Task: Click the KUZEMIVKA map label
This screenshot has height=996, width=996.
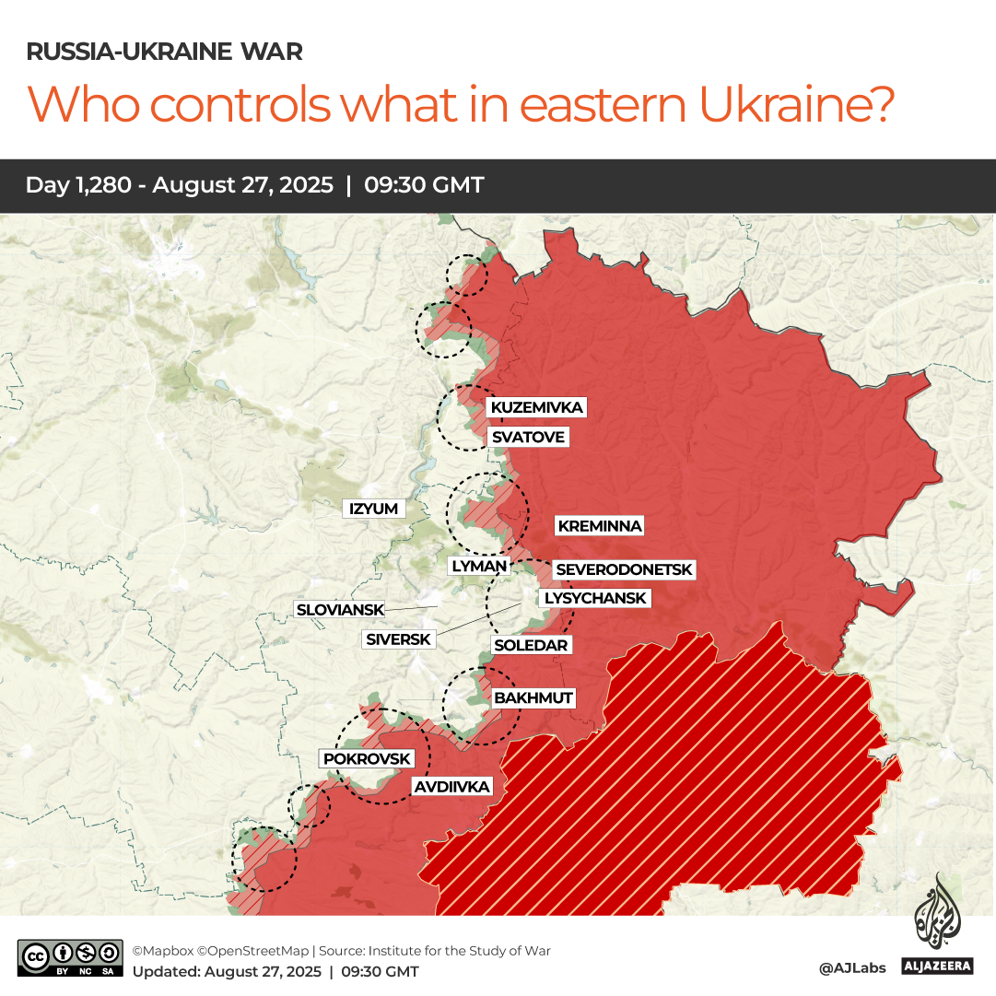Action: (537, 407)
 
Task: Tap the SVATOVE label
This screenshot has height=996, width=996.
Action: (527, 437)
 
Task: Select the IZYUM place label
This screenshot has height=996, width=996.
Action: (373, 509)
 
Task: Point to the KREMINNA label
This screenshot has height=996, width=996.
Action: (599, 526)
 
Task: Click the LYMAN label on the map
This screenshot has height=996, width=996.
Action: (479, 567)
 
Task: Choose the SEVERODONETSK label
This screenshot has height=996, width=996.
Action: (624, 570)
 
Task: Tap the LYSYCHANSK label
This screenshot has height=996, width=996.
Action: (595, 598)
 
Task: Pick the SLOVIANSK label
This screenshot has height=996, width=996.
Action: (338, 609)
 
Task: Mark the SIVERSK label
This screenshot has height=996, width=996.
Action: (398, 639)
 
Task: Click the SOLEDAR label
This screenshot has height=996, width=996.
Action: (531, 645)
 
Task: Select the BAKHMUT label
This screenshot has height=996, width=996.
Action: (533, 697)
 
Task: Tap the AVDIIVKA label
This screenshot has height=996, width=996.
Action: (451, 786)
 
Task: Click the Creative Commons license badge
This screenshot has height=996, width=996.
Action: (70, 958)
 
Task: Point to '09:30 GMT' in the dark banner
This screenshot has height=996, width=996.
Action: (424, 185)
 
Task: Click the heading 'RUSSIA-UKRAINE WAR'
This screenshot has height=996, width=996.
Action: (164, 52)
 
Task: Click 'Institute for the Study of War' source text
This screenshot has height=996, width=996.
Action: (464, 950)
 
